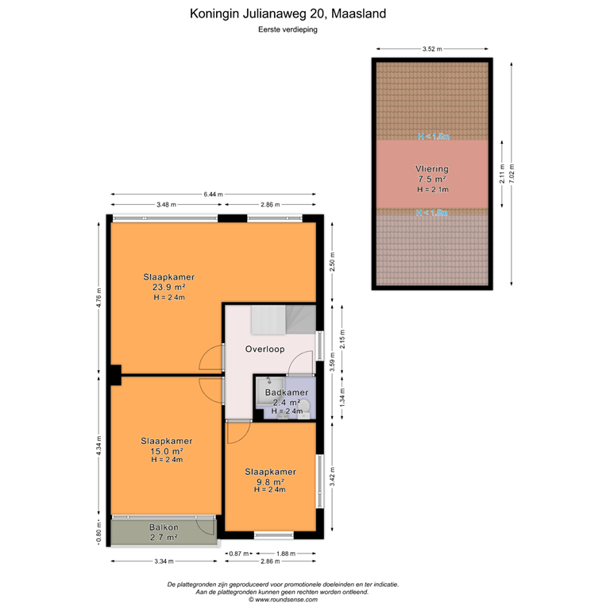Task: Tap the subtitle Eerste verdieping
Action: (x=289, y=29)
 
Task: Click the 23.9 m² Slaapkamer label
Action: (x=168, y=287)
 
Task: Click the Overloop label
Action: (x=264, y=349)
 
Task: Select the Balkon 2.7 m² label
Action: (x=164, y=532)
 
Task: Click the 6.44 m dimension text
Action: (x=213, y=194)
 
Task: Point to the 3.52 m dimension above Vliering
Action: (x=432, y=48)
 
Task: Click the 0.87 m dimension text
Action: (x=239, y=554)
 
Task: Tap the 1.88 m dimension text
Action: (x=286, y=554)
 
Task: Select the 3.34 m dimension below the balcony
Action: (x=164, y=562)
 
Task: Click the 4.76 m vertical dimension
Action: (x=98, y=296)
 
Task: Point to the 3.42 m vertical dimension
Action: (x=333, y=479)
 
